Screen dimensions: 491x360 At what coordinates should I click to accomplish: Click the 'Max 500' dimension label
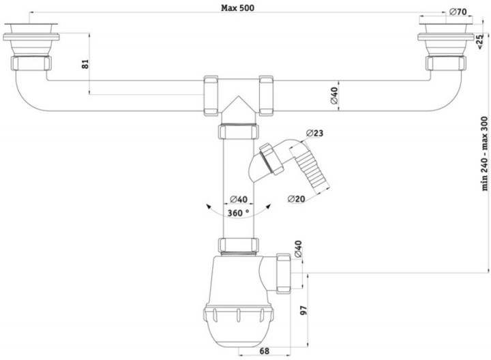coord(238,7)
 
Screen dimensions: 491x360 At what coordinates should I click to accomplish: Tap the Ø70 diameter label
coord(458,12)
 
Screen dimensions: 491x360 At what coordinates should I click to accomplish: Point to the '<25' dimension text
coord(479,42)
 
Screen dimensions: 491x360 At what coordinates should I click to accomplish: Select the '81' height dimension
coord(85,64)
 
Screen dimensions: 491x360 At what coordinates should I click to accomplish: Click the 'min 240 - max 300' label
coord(484,153)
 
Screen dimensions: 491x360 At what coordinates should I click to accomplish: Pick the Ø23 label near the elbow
coord(314,133)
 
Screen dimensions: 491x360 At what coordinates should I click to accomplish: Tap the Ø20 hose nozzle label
coord(296,199)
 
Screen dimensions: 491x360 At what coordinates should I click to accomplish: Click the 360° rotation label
coord(238,213)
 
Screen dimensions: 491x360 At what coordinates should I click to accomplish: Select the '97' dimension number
coord(303,310)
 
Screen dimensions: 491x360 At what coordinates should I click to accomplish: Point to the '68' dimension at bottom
coord(265,351)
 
